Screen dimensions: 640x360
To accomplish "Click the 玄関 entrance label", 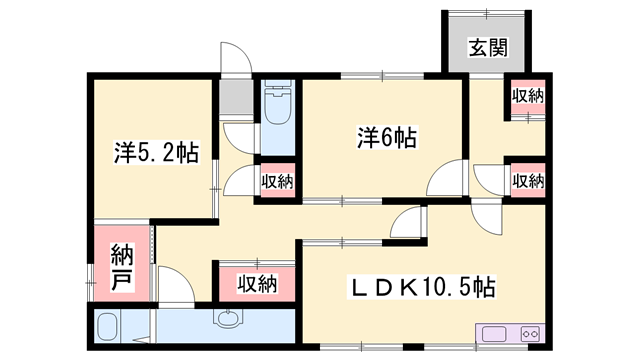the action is pos(488,48).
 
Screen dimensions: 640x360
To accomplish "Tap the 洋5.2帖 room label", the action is pos(156,153).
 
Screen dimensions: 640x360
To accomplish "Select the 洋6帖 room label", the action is pos(387,138).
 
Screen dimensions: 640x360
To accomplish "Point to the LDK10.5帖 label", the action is pos(421,287).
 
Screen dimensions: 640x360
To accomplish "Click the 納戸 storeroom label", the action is pos(122,268).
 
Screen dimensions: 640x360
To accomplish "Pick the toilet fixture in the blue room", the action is pos(278,103).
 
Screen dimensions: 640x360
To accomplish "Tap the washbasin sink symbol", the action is pos(228,318).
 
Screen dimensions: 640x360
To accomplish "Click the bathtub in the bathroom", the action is pos(108,327).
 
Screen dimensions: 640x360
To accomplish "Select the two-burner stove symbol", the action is pos(531,334).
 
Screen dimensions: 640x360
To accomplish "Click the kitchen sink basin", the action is pos(494,334).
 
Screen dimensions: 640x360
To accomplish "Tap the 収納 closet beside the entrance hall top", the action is pos(528,97).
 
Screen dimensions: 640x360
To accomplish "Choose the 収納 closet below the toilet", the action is pos(278,180).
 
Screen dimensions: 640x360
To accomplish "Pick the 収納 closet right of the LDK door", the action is pos(528,180).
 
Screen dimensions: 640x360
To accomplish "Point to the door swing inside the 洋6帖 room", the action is pos(445,177).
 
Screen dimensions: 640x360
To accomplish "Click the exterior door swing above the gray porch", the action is pos(236,57).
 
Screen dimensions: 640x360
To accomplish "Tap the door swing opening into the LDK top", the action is pos(487,216).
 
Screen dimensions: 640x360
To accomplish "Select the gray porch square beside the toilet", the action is pos(236,97).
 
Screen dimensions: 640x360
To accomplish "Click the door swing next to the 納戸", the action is pos(176,286).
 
